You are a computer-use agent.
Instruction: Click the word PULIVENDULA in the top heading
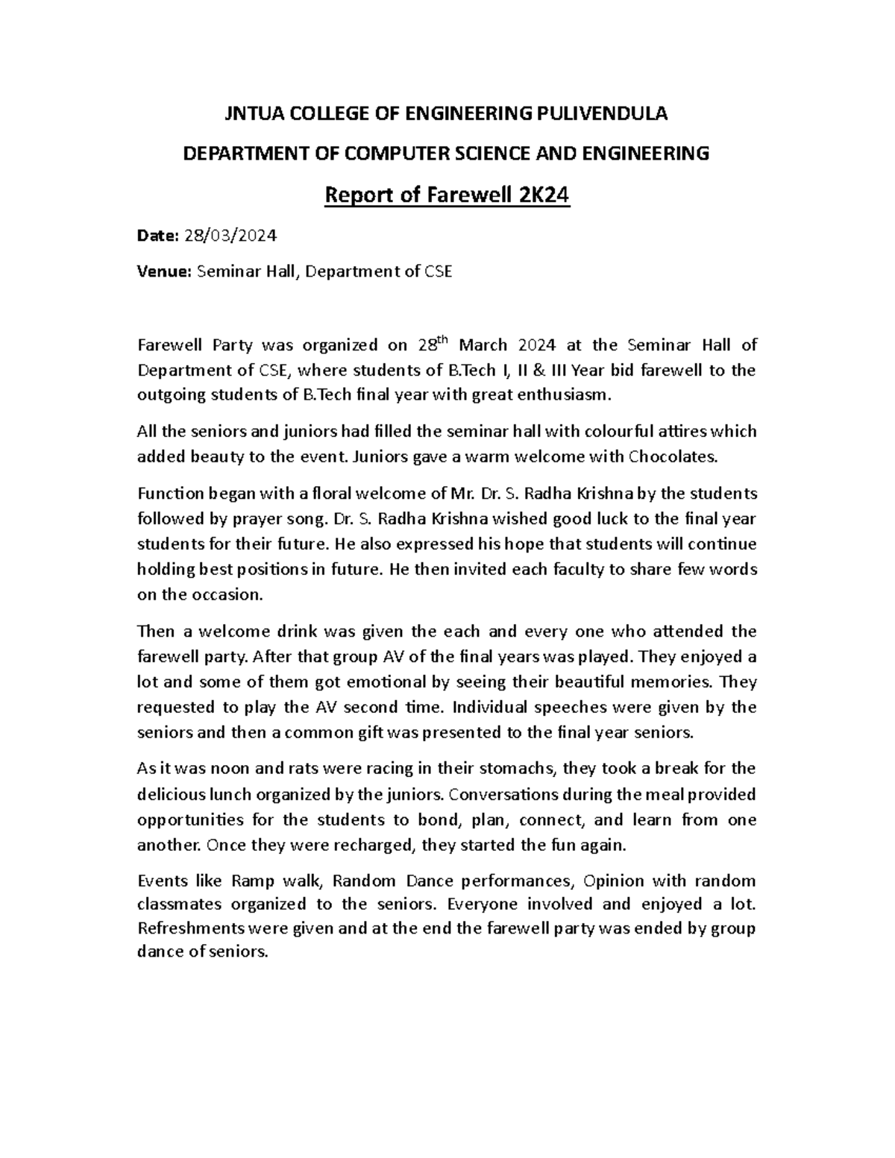(x=603, y=114)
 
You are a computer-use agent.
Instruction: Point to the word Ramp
(x=253, y=881)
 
